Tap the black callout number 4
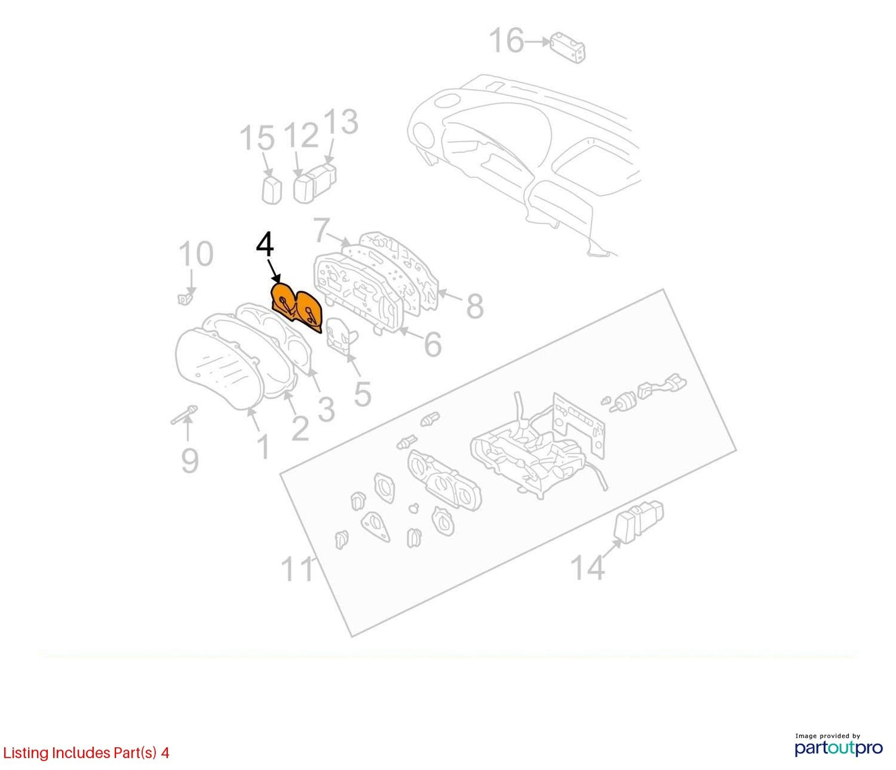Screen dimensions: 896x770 coord(265,246)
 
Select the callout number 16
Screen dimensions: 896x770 coord(507,41)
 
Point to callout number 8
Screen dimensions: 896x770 coord(474,306)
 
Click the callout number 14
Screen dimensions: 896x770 coord(588,567)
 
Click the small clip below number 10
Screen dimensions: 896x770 coord(185,299)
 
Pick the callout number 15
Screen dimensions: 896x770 coord(257,138)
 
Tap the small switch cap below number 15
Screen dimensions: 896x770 coord(272,189)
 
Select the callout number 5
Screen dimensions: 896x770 coord(362,394)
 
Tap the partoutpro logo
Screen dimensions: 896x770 coord(838,748)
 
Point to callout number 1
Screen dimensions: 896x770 coord(263,447)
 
